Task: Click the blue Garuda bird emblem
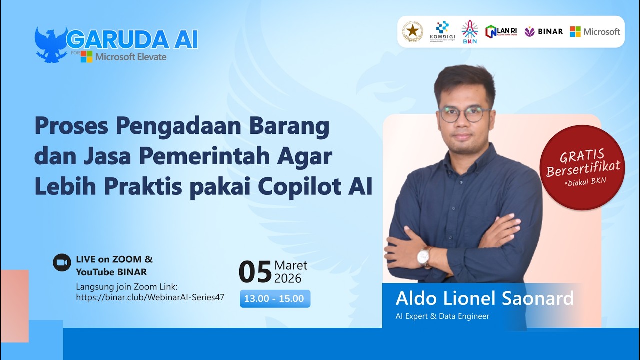[51, 45]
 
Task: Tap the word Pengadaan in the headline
[184, 127]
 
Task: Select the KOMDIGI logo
[442, 31]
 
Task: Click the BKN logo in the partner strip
[469, 31]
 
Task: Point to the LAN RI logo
[501, 31]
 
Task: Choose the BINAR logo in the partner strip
[543, 31]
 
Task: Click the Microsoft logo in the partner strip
[595, 31]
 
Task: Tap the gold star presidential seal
[413, 31]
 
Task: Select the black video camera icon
[62, 262]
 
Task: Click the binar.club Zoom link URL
[150, 297]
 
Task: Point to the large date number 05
[255, 273]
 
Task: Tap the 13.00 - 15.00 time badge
[275, 299]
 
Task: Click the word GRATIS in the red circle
[581, 156]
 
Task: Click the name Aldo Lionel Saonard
[484, 298]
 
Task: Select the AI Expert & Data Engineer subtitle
[442, 316]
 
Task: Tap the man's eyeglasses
[464, 114]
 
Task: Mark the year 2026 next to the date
[288, 278]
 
